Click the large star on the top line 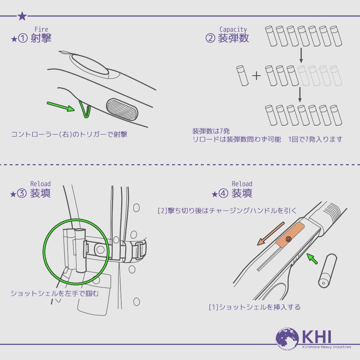tap(22, 16)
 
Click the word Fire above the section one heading tap(41, 30)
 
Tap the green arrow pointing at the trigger tap(61, 107)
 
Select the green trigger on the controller tap(85, 109)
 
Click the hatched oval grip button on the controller tap(122, 109)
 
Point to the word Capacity tap(233, 30)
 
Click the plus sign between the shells tap(256, 76)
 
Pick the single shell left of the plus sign tap(242, 76)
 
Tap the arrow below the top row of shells tap(301, 55)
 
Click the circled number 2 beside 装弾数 tap(210, 38)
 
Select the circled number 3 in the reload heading tap(22, 193)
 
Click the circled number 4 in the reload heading tap(223, 193)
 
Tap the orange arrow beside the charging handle tap(271, 234)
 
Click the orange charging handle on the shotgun tap(290, 235)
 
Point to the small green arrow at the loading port tap(312, 258)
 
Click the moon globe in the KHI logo tap(287, 339)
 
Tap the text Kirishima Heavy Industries tap(327, 347)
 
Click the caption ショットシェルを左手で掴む tap(55, 293)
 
